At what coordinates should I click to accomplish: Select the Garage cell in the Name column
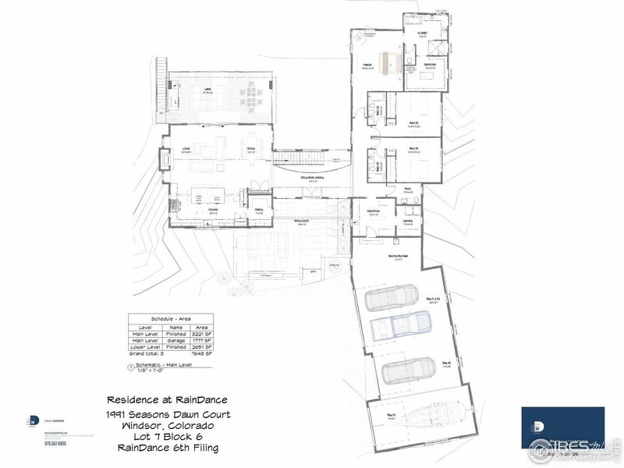pyautogui.click(x=175, y=340)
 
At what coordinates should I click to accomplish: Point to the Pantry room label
pyautogui.click(x=258, y=209)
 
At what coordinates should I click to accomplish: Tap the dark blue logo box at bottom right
pyautogui.click(x=562, y=427)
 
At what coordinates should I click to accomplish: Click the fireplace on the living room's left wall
pyautogui.click(x=165, y=160)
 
